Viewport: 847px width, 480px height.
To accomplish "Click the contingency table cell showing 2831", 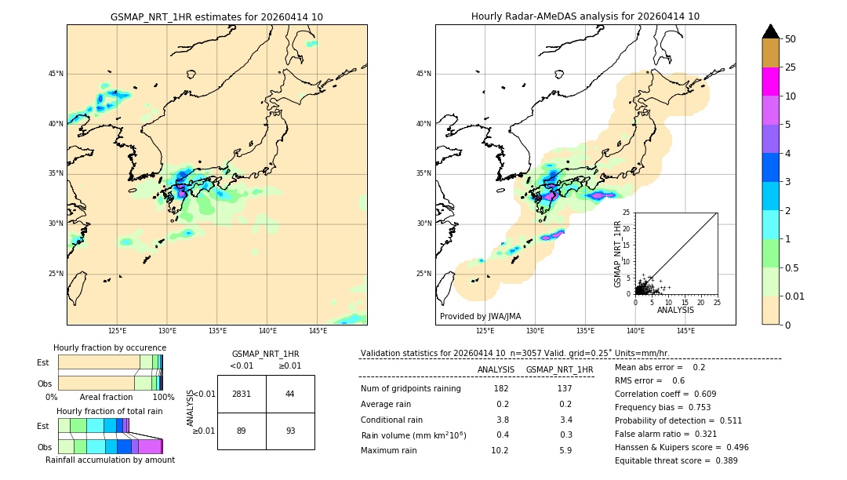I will pyautogui.click(x=242, y=394).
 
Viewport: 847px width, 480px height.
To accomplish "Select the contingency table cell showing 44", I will pyautogui.click(x=290, y=394).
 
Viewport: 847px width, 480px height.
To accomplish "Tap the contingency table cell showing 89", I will pyautogui.click(x=242, y=431).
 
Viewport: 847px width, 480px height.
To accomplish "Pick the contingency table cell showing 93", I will pyautogui.click(x=290, y=431).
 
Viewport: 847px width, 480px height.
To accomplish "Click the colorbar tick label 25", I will pyautogui.click(x=791, y=67).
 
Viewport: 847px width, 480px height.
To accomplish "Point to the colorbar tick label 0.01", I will pyautogui.click(x=795, y=296).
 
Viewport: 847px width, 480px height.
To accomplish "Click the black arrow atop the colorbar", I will pyautogui.click(x=771, y=31).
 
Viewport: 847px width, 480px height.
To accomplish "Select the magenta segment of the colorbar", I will pyautogui.click(x=771, y=82).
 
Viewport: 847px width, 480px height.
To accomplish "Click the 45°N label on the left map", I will pyautogui.click(x=56, y=74).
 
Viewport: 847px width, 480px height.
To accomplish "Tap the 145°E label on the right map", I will pyautogui.click(x=685, y=331).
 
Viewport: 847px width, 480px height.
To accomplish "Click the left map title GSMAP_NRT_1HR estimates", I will pyautogui.click(x=216, y=17).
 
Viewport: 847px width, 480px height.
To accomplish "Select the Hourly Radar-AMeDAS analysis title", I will pyautogui.click(x=585, y=17).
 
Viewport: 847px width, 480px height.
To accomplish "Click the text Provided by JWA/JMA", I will pyautogui.click(x=480, y=317).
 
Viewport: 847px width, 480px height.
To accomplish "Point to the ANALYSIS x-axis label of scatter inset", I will pyautogui.click(x=675, y=310).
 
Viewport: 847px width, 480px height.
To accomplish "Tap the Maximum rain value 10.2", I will pyautogui.click(x=500, y=450).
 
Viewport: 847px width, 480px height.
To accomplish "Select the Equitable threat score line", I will pyautogui.click(x=676, y=460).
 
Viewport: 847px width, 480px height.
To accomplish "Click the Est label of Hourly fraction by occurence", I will pyautogui.click(x=43, y=362).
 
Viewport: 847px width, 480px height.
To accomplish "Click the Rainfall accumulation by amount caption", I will pyautogui.click(x=110, y=460).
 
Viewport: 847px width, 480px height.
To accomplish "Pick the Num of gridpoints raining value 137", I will pyautogui.click(x=565, y=389).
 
